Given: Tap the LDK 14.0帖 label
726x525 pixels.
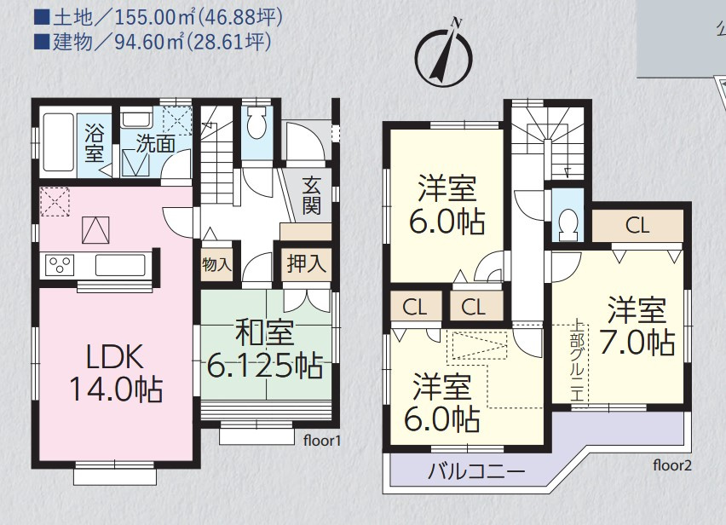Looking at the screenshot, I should pos(116,372).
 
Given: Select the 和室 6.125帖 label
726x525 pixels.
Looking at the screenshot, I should pos(265,349).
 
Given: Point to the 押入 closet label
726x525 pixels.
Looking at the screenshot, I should pos(305,263).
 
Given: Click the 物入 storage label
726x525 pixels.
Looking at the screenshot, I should pos(216,264).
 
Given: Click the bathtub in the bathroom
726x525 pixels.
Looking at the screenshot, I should pos(58,143).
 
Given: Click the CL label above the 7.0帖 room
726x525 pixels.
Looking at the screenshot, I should pos(637,226).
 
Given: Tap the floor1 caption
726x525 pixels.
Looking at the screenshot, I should pos(322,441).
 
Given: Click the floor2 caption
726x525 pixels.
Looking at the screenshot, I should pos(672,464).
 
